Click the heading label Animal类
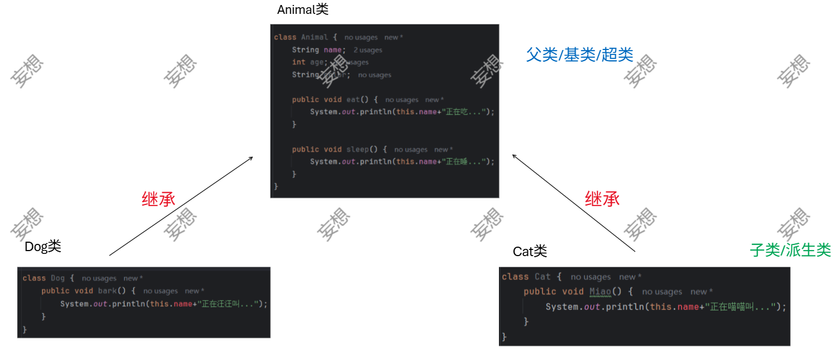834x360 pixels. click(x=303, y=9)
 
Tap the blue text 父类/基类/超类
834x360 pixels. click(x=580, y=54)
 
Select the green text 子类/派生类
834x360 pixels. click(x=790, y=250)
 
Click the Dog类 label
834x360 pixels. click(x=43, y=246)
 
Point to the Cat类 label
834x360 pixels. click(x=530, y=252)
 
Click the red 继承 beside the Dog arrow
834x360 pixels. click(x=158, y=199)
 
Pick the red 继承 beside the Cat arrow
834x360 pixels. click(x=602, y=199)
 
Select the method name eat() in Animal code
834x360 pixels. click(x=356, y=99)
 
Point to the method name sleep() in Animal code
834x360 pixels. click(x=361, y=149)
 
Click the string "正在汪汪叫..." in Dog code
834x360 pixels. click(x=228, y=304)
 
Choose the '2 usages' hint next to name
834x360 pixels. click(x=368, y=50)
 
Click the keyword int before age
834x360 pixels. click(x=298, y=62)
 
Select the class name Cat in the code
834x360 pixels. click(x=542, y=277)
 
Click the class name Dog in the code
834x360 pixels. click(x=58, y=278)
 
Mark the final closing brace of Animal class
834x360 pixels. click(x=276, y=187)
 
